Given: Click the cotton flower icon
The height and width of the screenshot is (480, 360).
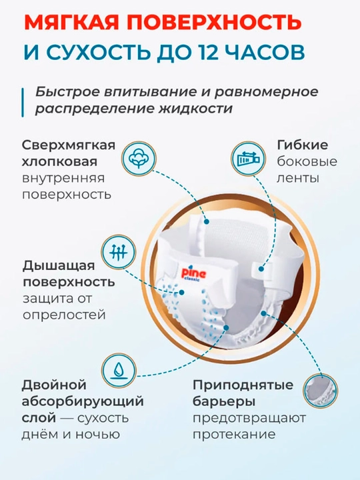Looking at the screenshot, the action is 139,159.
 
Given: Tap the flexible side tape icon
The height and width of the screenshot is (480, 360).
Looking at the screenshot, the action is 248,159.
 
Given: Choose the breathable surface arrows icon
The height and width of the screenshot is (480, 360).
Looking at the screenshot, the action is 118,252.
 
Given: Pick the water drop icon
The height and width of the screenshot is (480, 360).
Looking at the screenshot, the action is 119,371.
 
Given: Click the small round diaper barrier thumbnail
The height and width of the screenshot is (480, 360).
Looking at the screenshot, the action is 320,391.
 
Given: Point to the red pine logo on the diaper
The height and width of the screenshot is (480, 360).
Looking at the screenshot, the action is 194,273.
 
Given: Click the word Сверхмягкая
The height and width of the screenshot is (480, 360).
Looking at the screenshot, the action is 69,145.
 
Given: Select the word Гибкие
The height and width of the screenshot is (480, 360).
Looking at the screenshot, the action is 302,145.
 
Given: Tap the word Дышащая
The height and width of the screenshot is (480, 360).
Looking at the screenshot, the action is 59,266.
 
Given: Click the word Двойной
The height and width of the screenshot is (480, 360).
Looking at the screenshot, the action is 54,385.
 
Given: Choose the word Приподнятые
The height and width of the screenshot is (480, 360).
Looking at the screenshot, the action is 243,385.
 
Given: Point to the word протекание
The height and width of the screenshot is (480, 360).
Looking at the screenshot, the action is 234,434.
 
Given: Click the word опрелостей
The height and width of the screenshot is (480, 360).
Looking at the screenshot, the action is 64,315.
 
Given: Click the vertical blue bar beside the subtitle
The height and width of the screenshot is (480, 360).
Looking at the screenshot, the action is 23,103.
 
